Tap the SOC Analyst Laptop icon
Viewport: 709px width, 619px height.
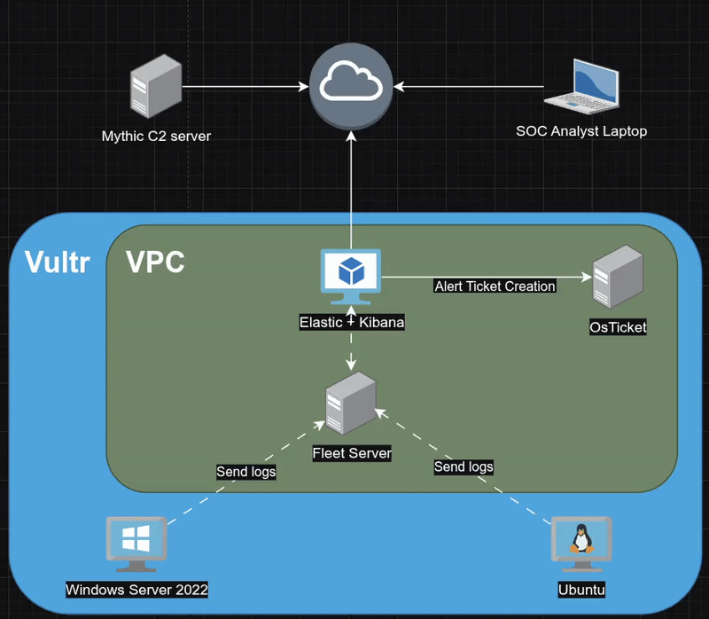[x=581, y=86]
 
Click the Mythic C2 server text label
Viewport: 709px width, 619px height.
[x=156, y=137]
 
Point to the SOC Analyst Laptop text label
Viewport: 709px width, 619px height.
[x=581, y=131]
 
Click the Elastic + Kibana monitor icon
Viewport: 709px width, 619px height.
[x=351, y=277]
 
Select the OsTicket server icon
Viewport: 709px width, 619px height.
[x=618, y=278]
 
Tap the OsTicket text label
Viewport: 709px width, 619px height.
[x=618, y=327]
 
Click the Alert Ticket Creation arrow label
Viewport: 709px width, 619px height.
[x=495, y=286]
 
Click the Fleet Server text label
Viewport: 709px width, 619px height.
[x=352, y=453]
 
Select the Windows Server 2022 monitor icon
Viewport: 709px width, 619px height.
[x=136, y=544]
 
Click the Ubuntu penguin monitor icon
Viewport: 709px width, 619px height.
[x=581, y=542]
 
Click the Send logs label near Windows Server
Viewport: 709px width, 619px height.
[x=245, y=472]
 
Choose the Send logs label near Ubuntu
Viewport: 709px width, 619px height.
[x=463, y=466]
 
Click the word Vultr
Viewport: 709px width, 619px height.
[x=57, y=262]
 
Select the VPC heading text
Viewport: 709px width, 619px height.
[x=155, y=262]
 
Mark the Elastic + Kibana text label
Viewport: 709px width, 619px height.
[x=352, y=323]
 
